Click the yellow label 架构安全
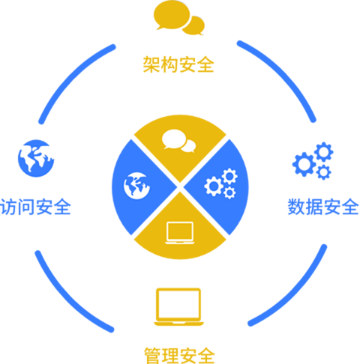[178, 64]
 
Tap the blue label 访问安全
[35, 207]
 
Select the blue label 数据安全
[323, 207]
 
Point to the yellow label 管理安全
[179, 356]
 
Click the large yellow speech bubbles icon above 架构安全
[179, 18]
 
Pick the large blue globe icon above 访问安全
[36, 158]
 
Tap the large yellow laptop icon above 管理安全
[178, 307]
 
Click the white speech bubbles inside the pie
[178, 141]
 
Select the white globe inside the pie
[136, 186]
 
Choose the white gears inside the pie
[221, 183]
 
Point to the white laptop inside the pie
[180, 233]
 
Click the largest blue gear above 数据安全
[304, 164]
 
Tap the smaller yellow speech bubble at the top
[194, 25]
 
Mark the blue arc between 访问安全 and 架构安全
[73, 78]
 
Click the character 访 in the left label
[8, 207]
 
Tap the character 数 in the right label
[296, 207]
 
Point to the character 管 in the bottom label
[153, 356]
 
